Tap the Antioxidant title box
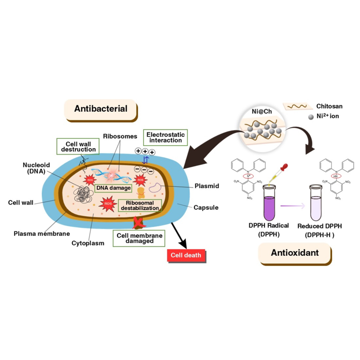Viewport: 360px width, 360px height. pyautogui.click(x=295, y=252)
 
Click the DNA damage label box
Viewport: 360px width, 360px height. pyautogui.click(x=113, y=187)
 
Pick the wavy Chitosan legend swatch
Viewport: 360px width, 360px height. pyautogui.click(x=298, y=106)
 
